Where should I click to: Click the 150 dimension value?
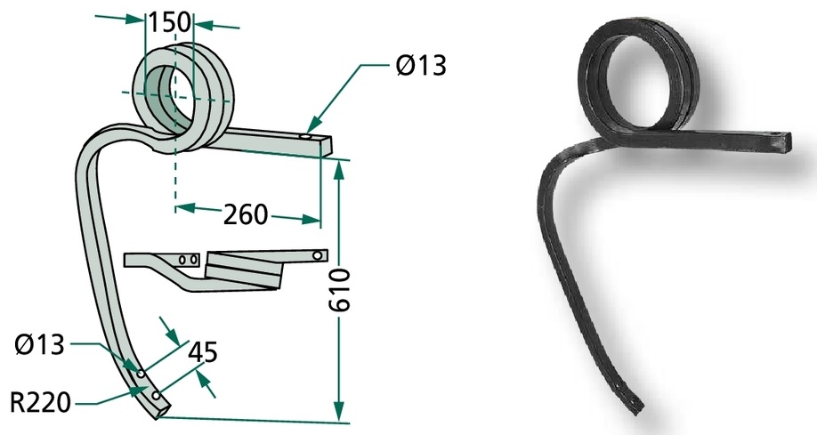[169, 22]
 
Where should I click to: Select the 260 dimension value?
[246, 214]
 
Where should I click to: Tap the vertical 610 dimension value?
[340, 290]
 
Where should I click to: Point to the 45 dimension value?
[202, 352]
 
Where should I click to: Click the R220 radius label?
[40, 403]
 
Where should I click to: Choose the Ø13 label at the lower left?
[39, 344]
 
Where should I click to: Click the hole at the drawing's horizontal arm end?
[306, 138]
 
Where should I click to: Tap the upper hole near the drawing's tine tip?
[141, 374]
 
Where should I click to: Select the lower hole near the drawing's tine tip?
[156, 397]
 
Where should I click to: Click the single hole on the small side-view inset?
[317, 256]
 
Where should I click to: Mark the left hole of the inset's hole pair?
[182, 260]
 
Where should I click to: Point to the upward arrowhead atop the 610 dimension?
[339, 168]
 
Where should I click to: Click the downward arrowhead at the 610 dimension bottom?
[339, 410]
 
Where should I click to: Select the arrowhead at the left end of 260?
[184, 208]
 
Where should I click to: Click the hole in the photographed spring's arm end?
[778, 135]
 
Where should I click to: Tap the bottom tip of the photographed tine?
[638, 411]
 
